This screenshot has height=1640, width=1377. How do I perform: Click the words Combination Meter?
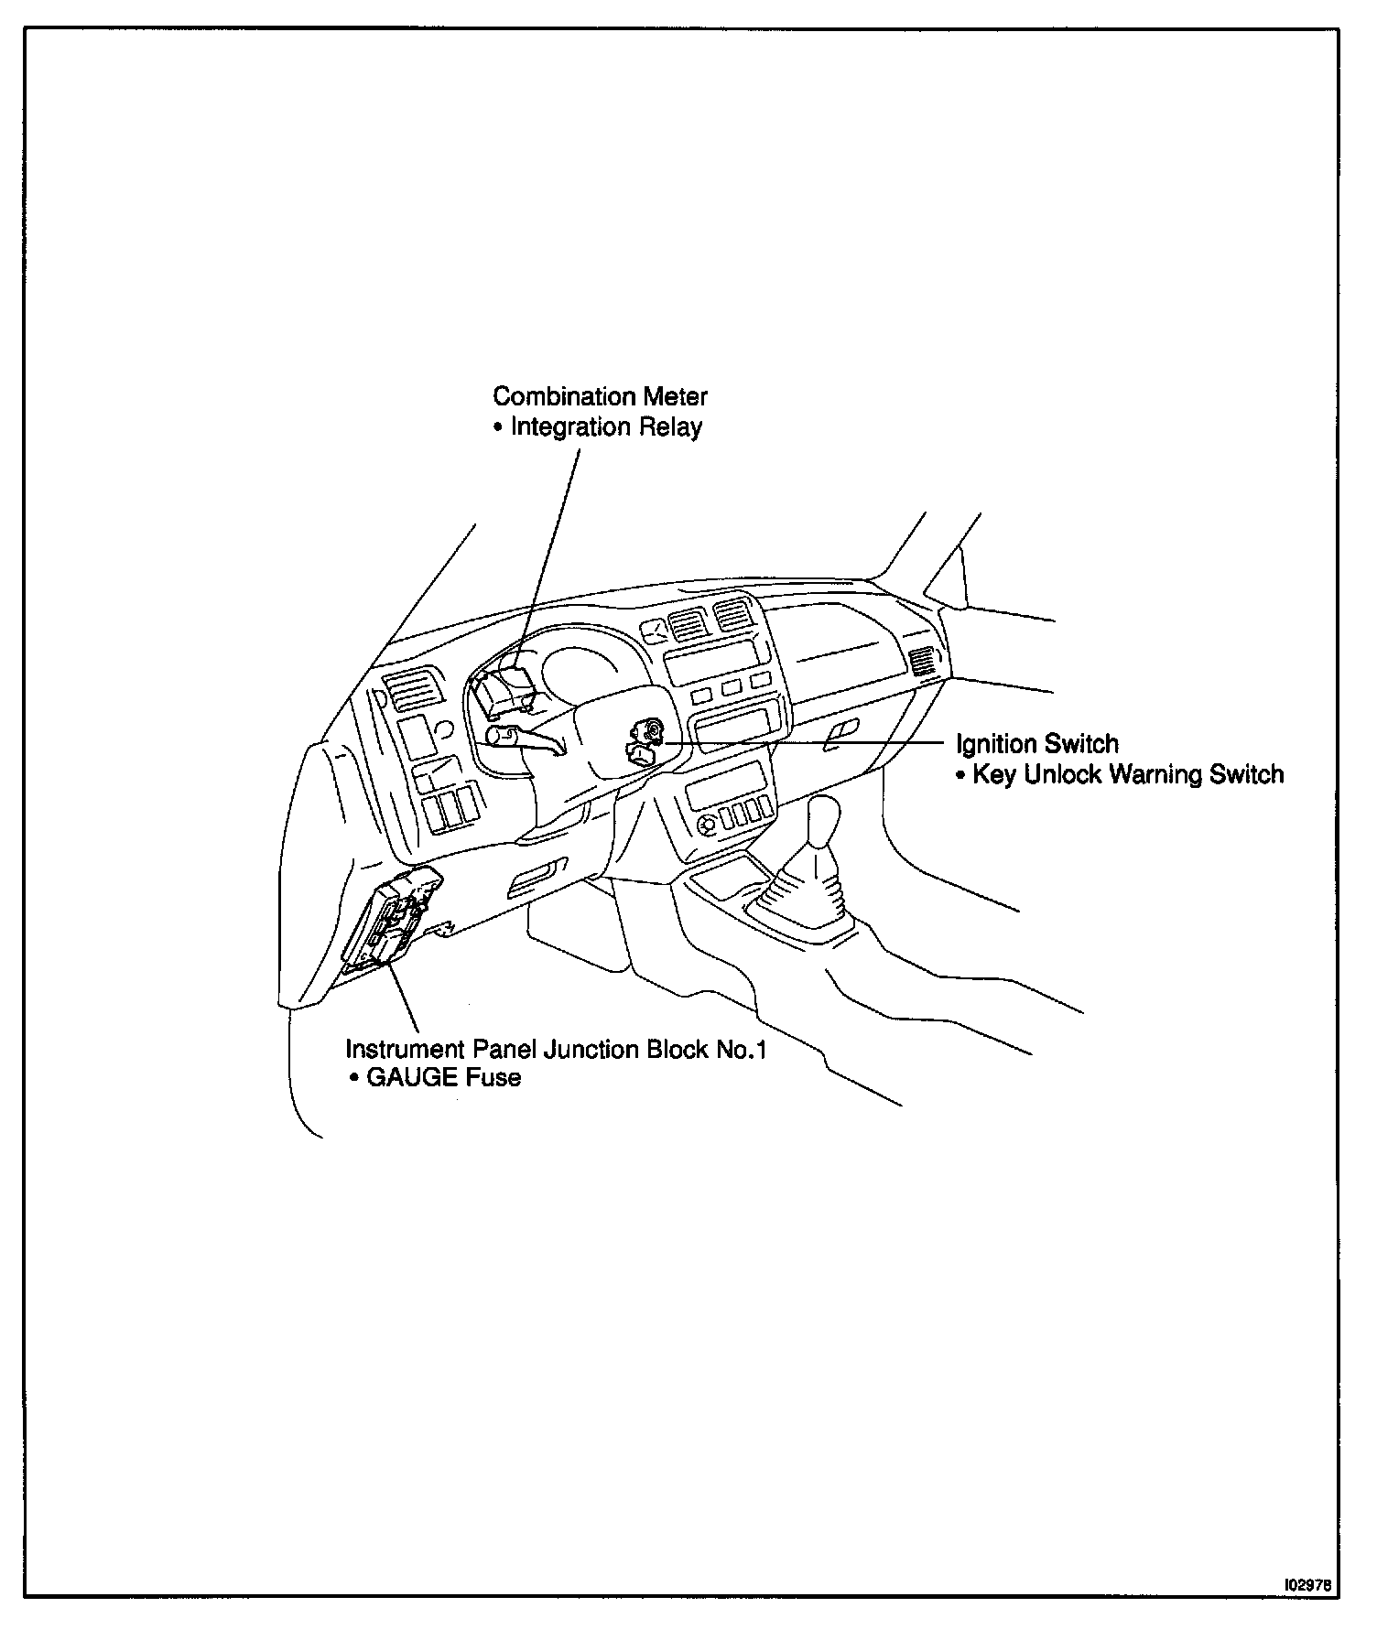600,396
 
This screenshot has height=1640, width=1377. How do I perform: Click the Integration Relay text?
606,427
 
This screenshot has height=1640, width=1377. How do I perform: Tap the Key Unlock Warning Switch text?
1128,774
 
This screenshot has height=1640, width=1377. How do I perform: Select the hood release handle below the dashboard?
537,878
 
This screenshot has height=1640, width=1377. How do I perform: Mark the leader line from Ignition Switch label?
806,742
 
